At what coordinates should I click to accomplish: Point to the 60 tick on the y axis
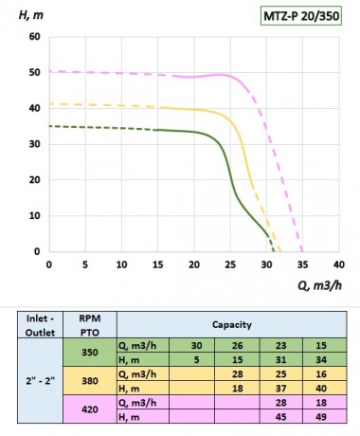[34, 37]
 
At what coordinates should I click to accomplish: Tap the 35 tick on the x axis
[303, 266]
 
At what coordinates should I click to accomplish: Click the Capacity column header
[231, 323]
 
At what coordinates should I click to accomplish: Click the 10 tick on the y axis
[34, 216]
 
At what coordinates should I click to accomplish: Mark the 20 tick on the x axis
[194, 266]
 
